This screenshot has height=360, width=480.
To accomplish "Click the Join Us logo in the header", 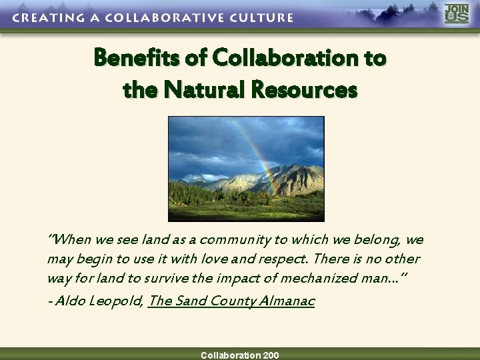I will pyautogui.click(x=457, y=14).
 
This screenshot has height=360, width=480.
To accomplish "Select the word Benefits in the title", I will pyautogui.click(x=137, y=59).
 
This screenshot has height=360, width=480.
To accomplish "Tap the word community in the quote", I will pyautogui.click(x=233, y=240).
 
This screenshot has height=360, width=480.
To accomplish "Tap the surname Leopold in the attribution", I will pyautogui.click(x=116, y=301).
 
